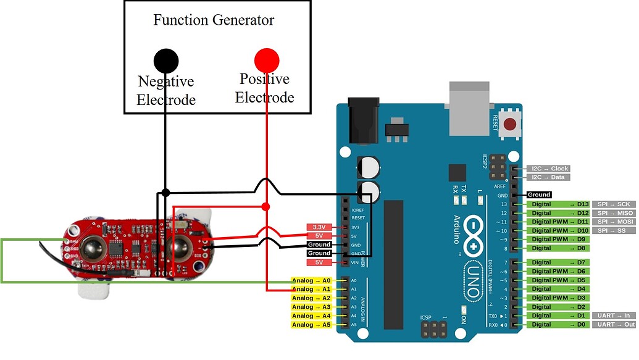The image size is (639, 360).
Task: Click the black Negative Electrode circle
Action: (166, 61)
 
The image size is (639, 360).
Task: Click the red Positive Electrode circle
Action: (267, 61)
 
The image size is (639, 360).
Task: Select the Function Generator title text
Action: (214, 20)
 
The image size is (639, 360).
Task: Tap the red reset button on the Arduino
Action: (510, 125)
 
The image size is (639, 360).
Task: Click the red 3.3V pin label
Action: (319, 227)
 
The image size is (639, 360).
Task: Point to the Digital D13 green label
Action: (558, 204)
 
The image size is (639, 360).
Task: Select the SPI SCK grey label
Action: (614, 204)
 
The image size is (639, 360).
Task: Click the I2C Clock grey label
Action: (548, 169)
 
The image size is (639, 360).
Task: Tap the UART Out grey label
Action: (614, 325)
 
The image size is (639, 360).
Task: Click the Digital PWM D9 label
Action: (558, 240)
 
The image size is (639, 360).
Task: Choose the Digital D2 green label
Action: (558, 307)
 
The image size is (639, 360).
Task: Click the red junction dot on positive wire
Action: (266, 206)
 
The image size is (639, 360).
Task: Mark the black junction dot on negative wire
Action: (165, 193)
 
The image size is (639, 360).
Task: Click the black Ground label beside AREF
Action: (538, 195)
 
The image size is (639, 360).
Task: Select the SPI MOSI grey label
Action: (614, 222)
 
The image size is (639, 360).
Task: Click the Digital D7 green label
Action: (558, 262)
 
